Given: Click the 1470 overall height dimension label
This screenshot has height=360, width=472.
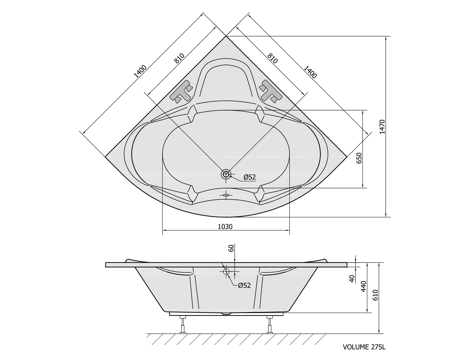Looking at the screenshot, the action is (x=382, y=127).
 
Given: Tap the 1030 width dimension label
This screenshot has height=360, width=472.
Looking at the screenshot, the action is (x=225, y=226).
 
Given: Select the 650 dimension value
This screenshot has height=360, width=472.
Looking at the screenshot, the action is (x=359, y=158).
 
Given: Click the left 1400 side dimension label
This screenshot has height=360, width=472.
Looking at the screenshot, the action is (x=140, y=71).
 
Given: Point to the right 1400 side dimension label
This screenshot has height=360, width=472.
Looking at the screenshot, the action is (x=310, y=72).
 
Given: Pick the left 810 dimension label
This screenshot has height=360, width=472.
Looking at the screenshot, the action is (x=179, y=58).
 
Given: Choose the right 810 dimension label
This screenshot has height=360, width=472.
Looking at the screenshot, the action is (x=273, y=58).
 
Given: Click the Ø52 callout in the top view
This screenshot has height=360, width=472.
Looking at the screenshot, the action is (x=250, y=177).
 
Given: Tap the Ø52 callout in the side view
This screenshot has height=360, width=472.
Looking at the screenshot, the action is (x=244, y=285).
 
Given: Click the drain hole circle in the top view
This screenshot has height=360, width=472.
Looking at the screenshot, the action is (x=226, y=174).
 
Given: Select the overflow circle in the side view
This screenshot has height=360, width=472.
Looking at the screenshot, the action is (x=226, y=271).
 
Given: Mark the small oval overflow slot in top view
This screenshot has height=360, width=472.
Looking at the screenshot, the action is (x=226, y=195).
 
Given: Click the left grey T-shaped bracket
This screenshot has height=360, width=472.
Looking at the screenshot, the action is (x=181, y=91).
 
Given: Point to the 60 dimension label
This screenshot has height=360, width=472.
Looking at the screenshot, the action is (x=231, y=249).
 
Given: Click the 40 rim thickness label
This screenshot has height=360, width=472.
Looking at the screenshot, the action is (x=352, y=279).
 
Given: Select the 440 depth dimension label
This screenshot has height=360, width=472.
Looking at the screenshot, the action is (x=363, y=286).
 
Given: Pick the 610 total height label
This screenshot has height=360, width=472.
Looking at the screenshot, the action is (x=375, y=295).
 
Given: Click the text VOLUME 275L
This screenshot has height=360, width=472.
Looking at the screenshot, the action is (x=364, y=347).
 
